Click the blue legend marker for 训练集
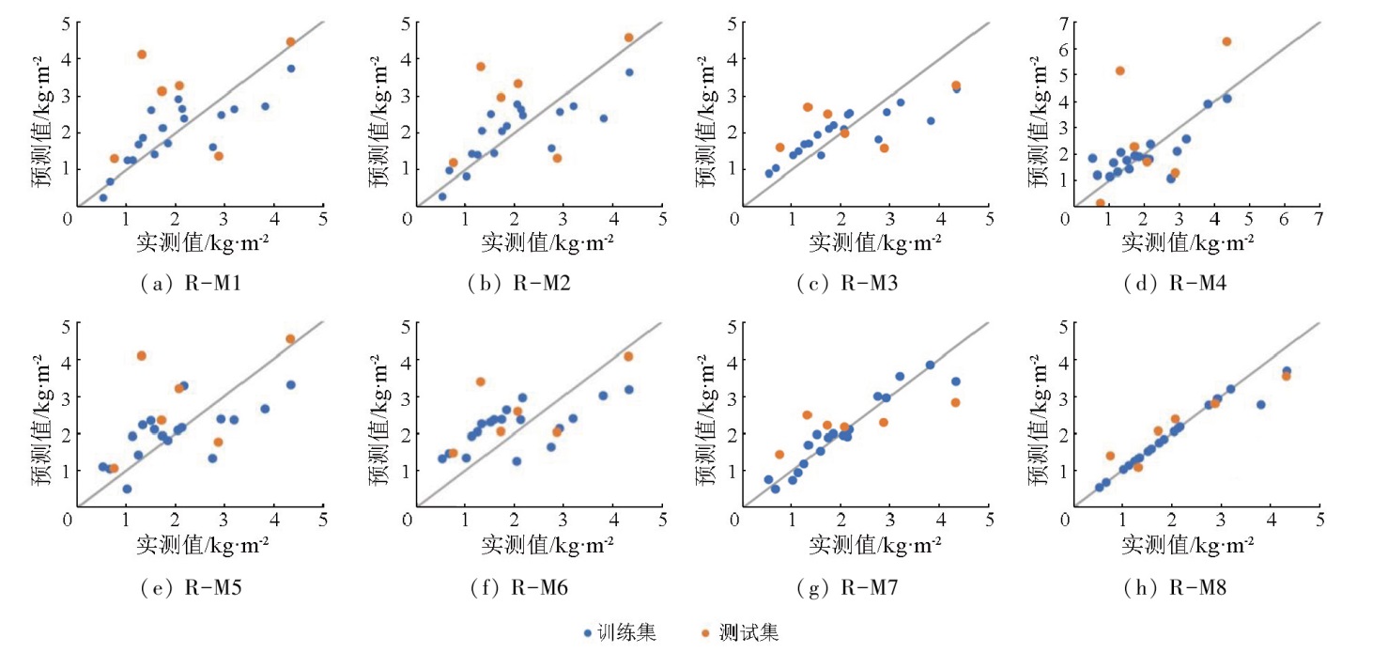(587, 633)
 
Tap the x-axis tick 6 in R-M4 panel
(1284, 217)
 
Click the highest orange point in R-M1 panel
(142, 54)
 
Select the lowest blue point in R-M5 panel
(127, 489)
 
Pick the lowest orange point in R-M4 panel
(1101, 203)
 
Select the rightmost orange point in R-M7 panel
(955, 402)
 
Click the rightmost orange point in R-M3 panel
(956, 86)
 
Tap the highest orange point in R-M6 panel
(628, 356)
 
